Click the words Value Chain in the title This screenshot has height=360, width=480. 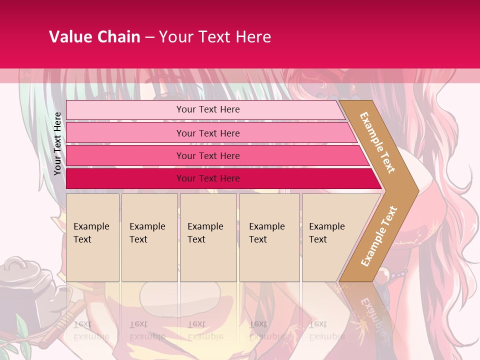click(x=94, y=37)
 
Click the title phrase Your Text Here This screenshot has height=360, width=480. click(x=215, y=37)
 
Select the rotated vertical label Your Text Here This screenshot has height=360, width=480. click(x=58, y=143)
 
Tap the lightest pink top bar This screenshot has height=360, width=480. click(x=208, y=109)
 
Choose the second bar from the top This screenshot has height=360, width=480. click(x=208, y=133)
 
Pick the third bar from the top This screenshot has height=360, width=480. click(x=208, y=155)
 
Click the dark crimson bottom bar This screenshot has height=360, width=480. click(x=208, y=178)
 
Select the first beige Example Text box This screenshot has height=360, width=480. click(x=92, y=237)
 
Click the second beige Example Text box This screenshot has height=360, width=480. click(x=149, y=237)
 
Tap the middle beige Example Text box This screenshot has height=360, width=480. click(x=208, y=237)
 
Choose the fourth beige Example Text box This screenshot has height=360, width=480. click(x=269, y=237)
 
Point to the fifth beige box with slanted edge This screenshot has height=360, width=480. click(x=330, y=237)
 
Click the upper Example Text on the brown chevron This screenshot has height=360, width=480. click(x=378, y=142)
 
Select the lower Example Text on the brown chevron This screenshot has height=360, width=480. click(x=379, y=236)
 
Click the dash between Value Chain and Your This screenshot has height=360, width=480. click(x=149, y=37)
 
